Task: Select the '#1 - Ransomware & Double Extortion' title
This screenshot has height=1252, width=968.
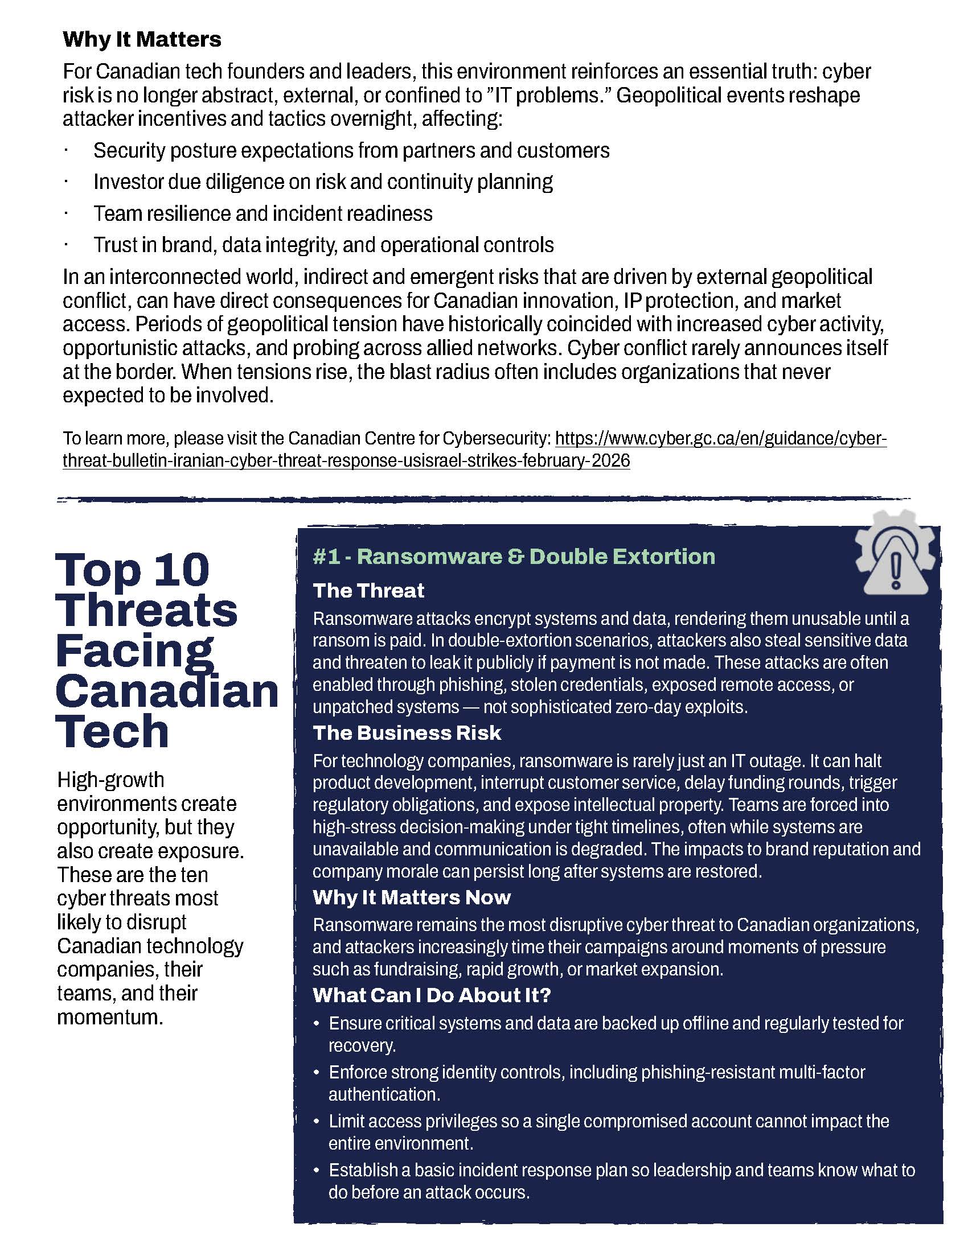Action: pyautogui.click(x=514, y=557)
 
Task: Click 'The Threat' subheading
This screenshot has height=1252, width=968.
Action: pyautogui.click(x=368, y=591)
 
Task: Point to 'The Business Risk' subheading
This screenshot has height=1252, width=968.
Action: pyautogui.click(x=407, y=732)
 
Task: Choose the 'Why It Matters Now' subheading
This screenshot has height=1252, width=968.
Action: pyautogui.click(x=411, y=897)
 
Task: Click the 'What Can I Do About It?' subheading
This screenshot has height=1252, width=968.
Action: pyautogui.click(x=431, y=995)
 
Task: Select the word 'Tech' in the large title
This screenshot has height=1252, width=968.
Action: pyautogui.click(x=112, y=731)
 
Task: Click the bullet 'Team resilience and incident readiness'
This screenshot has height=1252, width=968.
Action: pyautogui.click(x=262, y=213)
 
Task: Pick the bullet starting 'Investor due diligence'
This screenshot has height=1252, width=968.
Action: pyautogui.click(x=323, y=182)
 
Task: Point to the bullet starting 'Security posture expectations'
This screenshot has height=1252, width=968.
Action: pyautogui.click(x=351, y=150)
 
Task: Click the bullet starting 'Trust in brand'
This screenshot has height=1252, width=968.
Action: pyautogui.click(x=323, y=245)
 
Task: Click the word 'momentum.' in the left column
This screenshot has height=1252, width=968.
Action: pyautogui.click(x=110, y=1017)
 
